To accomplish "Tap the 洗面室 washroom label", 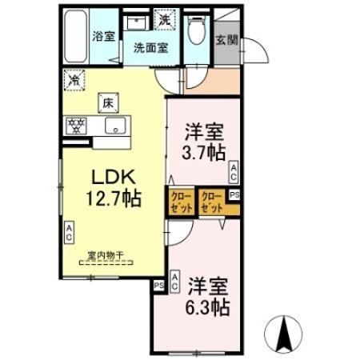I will (150, 47).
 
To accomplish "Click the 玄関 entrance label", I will (226, 41).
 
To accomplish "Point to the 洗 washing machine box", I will (165, 18).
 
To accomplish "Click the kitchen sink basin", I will (114, 125).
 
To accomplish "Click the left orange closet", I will (179, 201).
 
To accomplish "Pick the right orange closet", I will (211, 201).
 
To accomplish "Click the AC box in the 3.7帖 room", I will (234, 170).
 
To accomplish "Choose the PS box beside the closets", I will (234, 194).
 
